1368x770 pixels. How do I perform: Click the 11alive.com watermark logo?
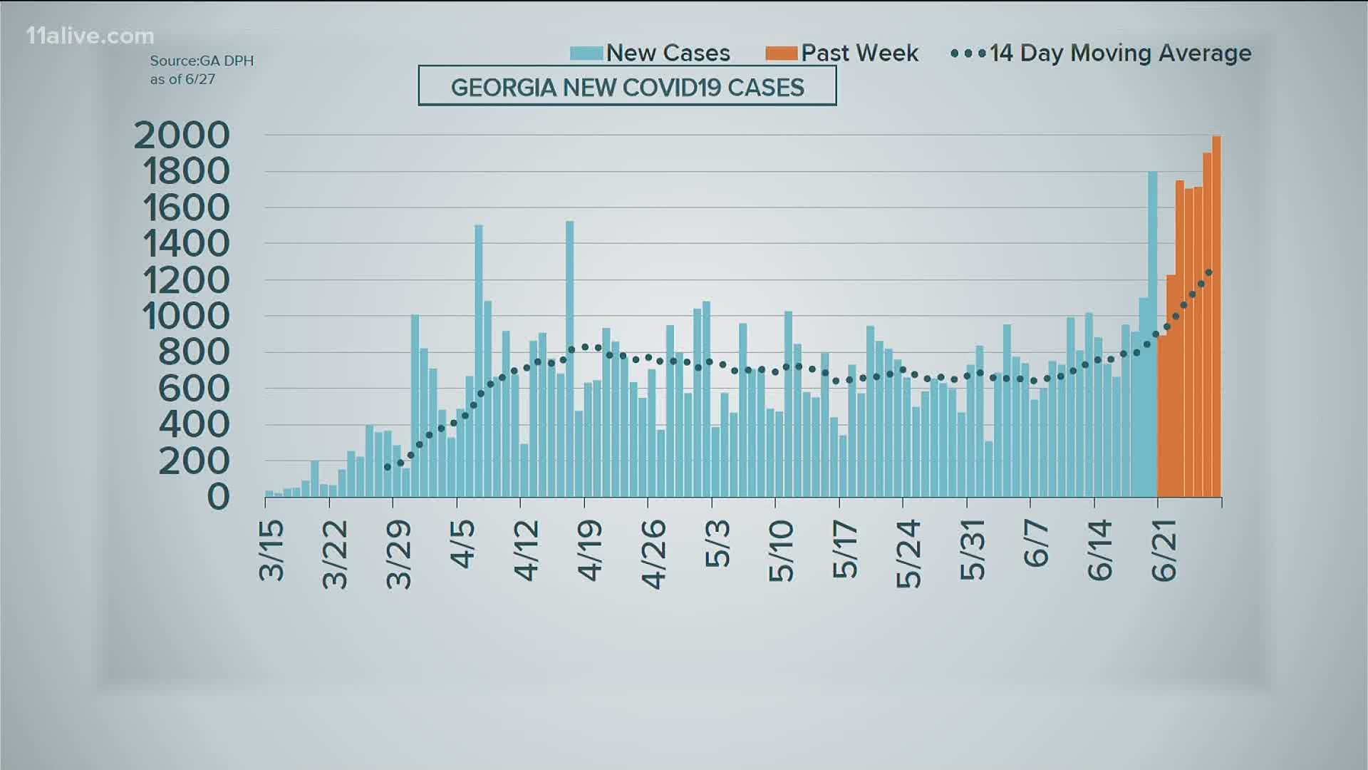tap(90, 36)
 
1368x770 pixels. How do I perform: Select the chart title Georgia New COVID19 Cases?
tap(627, 87)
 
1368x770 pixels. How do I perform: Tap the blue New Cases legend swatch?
tap(586, 53)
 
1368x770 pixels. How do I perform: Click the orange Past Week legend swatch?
tap(782, 53)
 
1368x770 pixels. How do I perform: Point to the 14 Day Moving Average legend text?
tap(1120, 53)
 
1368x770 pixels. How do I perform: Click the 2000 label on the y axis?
tap(182, 135)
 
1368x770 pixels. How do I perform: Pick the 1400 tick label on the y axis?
tap(187, 244)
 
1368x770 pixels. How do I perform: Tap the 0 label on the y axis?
tap(218, 497)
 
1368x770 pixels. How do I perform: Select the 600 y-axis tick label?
tap(194, 389)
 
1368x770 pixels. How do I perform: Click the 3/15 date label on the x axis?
tap(271, 550)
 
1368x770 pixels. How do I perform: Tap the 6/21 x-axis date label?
tap(1164, 550)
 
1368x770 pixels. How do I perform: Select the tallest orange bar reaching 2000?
tap(1216, 317)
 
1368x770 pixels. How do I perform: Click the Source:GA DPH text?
tap(202, 61)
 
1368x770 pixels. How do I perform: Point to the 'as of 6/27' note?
tap(182, 79)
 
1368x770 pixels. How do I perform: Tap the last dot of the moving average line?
tap(1209, 272)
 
